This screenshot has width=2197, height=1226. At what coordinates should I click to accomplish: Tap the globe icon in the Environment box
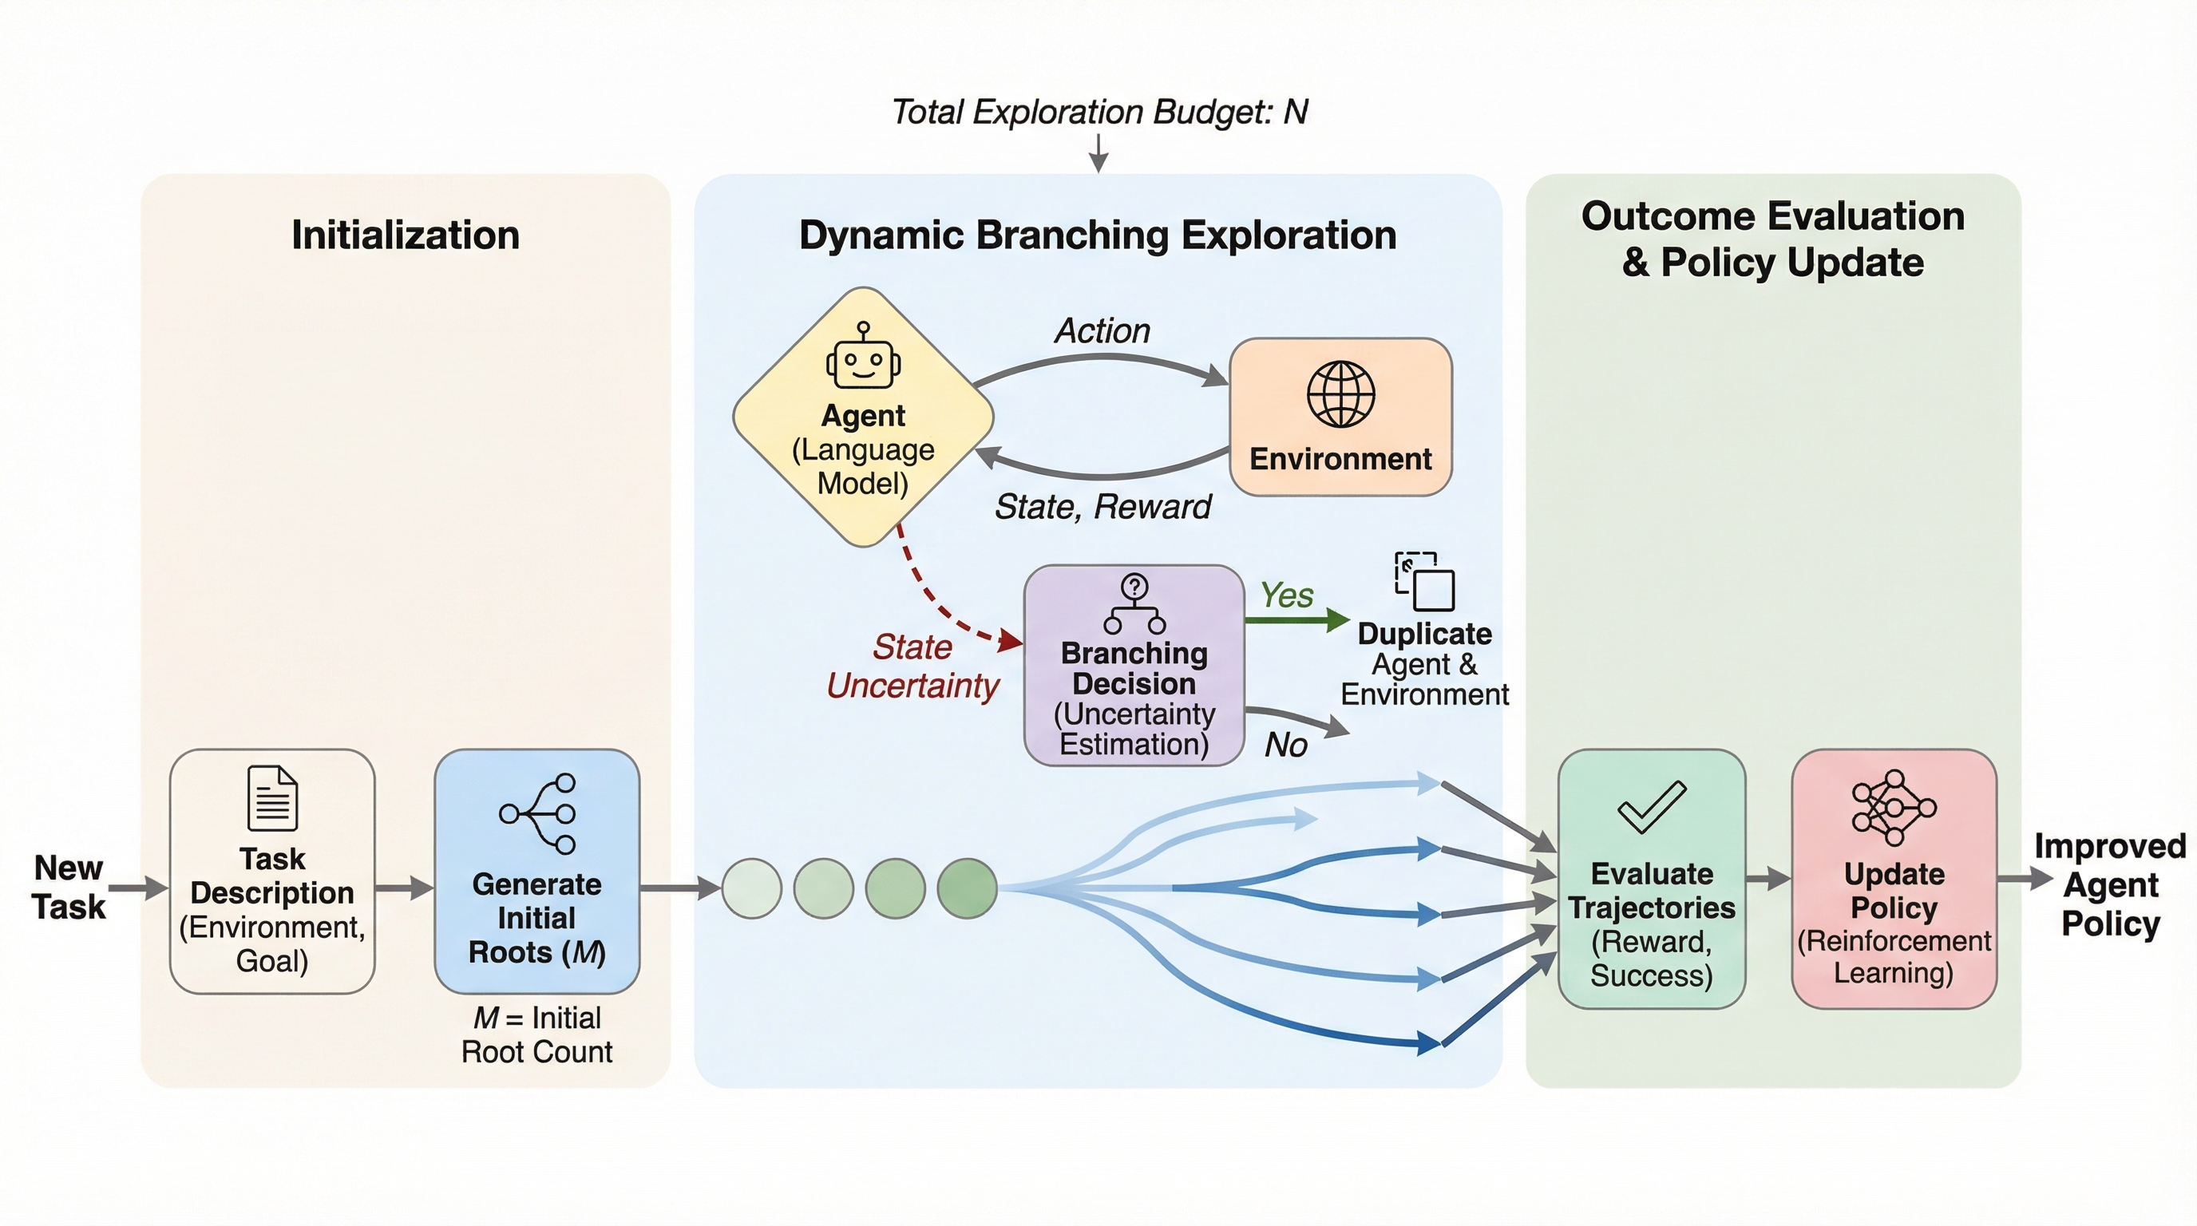pos(1340,394)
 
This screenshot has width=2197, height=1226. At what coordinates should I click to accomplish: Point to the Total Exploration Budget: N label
pos(1098,112)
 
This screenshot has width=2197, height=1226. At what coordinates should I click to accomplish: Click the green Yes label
pos(1286,595)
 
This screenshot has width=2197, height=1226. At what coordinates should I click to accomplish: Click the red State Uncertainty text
pos(912,666)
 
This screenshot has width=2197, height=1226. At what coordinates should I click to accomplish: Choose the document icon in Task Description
pos(272,798)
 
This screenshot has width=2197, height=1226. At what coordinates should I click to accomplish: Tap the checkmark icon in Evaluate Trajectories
pos(1651,805)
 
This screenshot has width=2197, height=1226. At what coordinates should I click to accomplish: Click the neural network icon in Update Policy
pos(1894,808)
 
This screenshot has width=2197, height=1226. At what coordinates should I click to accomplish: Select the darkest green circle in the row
pos(967,888)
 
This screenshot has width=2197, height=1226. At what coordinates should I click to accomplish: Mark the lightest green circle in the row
pos(751,888)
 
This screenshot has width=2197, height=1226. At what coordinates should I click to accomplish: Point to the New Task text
pos(68,888)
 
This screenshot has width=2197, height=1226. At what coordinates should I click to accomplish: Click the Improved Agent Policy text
pos(2110,885)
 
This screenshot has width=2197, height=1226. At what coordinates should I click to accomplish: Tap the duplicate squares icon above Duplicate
pos(1424,581)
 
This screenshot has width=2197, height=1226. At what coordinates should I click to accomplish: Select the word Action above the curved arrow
pos(1102,330)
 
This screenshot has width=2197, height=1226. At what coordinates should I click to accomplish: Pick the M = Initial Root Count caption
pos(536,1035)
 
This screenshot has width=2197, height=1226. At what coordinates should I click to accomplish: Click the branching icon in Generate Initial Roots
pos(538,813)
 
